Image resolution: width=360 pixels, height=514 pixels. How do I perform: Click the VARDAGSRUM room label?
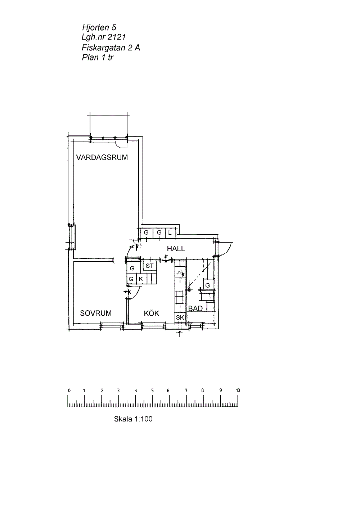102,157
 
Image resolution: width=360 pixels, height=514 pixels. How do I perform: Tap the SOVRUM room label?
96,313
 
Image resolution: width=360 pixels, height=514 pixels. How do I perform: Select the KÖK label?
152,313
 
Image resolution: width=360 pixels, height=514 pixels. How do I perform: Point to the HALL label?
176,248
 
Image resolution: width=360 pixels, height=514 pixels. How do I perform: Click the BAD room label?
195,308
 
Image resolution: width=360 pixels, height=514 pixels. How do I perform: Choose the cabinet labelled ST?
150,266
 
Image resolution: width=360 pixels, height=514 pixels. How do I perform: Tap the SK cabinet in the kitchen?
180,317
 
